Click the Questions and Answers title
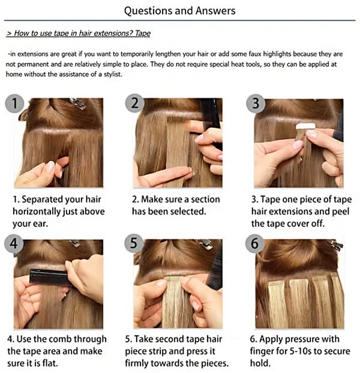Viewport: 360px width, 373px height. click(180, 11)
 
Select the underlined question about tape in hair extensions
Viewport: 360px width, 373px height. click(79, 33)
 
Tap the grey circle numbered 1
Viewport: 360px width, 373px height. click(14, 103)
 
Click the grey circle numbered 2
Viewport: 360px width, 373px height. click(135, 103)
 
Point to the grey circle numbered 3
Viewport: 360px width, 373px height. click(256, 103)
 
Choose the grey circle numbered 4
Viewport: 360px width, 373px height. click(14, 244)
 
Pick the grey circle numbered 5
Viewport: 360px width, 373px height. click(134, 243)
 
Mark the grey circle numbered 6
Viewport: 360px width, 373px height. click(254, 244)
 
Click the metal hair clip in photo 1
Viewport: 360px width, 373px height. click(78, 103)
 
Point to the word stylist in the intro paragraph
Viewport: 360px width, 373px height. click(113, 74)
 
